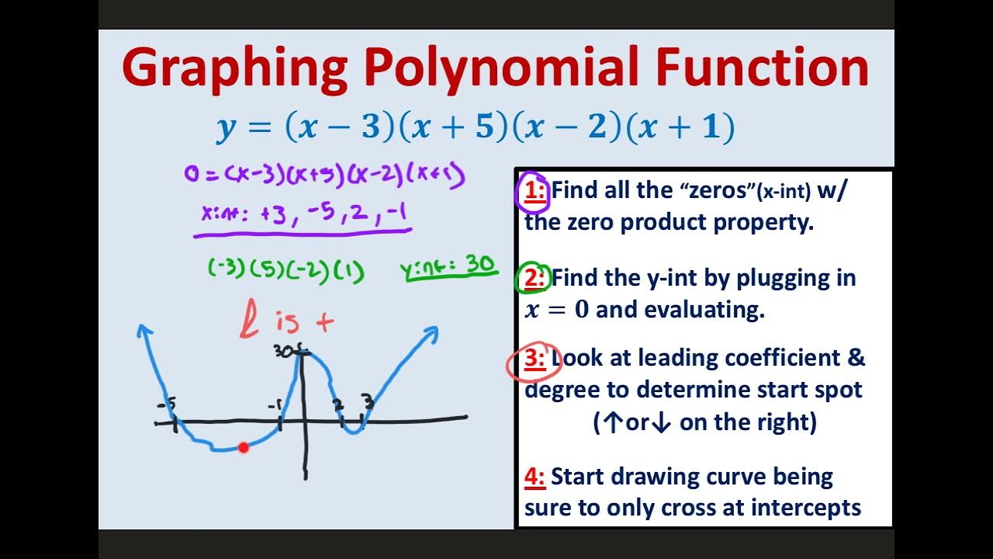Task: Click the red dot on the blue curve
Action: coord(244,447)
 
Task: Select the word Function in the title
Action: coord(762,68)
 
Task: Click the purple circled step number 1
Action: coord(535,191)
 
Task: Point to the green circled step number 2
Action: coord(535,278)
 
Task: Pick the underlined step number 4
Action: coord(535,477)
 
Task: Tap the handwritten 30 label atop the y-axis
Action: coord(285,352)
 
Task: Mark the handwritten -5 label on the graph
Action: coord(166,404)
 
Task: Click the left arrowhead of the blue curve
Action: coord(144,331)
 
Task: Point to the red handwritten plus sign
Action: coord(325,321)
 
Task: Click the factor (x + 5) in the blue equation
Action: coord(454,127)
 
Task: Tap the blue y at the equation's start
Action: coord(226,129)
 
